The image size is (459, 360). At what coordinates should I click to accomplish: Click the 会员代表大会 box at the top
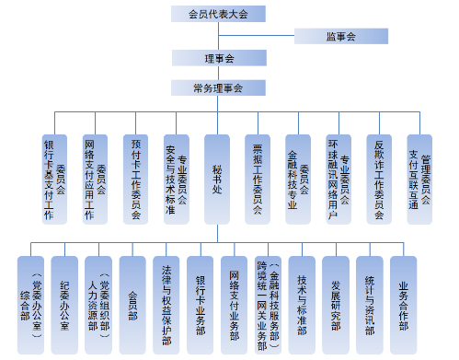tap(218, 14)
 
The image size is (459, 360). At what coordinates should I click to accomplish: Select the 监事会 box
tap(339, 36)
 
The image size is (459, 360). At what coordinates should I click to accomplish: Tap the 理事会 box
tap(218, 58)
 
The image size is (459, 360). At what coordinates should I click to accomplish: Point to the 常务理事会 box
tap(218, 88)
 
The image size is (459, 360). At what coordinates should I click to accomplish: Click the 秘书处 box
tap(217, 180)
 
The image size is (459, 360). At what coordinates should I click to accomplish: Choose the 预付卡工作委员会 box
tap(135, 180)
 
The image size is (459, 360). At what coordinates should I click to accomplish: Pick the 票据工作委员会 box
tap(258, 180)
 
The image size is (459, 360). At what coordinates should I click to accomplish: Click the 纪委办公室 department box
tap(64, 301)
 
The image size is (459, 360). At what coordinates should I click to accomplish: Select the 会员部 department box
tap(132, 301)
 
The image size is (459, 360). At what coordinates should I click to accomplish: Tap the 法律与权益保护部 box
tap(166, 301)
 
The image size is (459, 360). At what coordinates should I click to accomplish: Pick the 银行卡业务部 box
tap(201, 301)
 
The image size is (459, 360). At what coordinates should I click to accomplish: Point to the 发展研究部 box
tap(336, 301)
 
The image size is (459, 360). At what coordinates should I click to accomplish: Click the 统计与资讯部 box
tap(370, 301)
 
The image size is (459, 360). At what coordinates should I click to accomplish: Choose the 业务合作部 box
tap(404, 301)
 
